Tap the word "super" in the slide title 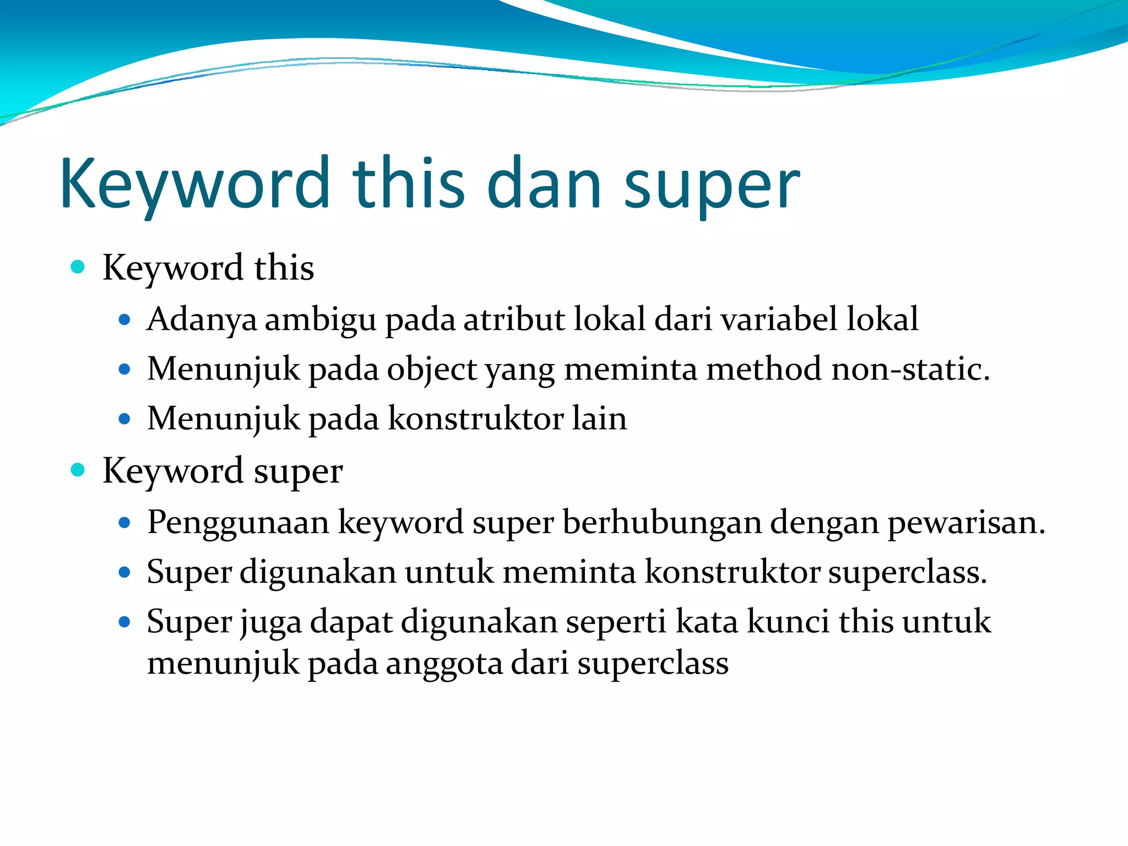click(712, 187)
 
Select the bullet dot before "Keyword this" click(78, 267)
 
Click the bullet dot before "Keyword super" click(78, 470)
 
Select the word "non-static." click(910, 368)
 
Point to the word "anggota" click(444, 664)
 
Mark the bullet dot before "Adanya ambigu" click(124, 319)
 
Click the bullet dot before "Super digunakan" click(124, 572)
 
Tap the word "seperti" click(616, 623)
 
